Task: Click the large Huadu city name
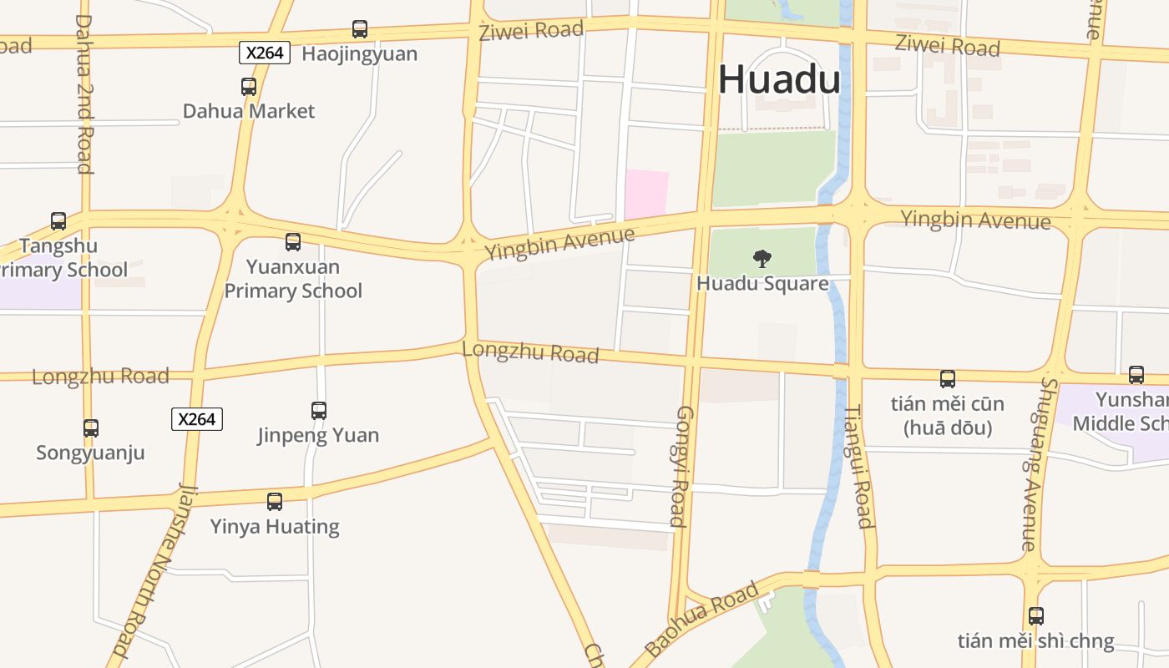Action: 779,80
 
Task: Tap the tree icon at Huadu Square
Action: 762,258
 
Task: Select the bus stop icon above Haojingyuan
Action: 360,29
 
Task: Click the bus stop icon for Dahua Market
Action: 249,86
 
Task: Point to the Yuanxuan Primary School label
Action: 293,279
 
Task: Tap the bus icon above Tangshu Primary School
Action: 58,221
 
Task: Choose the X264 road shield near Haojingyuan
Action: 265,53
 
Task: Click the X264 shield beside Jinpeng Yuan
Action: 197,418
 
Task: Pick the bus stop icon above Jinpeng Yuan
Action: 319,410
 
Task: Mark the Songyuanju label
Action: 90,453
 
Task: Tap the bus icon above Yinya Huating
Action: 275,502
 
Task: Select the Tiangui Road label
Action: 859,467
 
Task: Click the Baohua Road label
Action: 702,618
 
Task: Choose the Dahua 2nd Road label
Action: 83,94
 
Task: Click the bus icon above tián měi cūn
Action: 948,379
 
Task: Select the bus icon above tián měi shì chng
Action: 1036,616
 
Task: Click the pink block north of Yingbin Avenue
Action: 647,194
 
